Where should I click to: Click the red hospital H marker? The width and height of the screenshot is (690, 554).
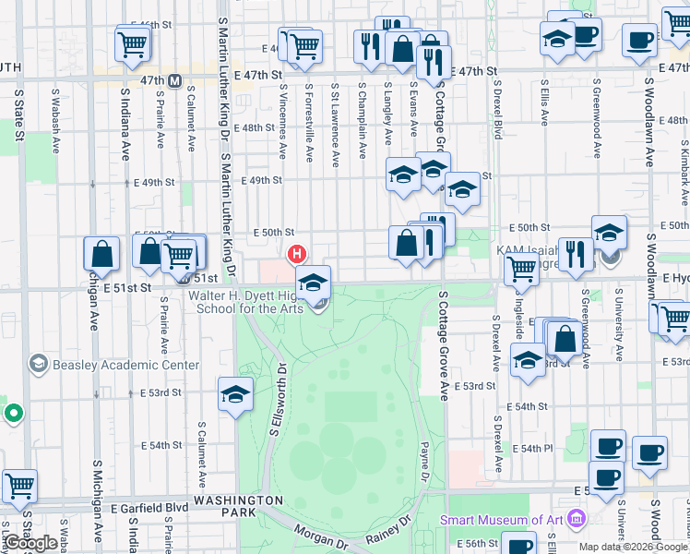click(296, 253)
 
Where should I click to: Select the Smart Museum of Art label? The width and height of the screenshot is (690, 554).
click(502, 520)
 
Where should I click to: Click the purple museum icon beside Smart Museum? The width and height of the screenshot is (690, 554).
click(577, 519)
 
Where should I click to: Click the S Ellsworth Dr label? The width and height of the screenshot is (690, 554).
click(275, 405)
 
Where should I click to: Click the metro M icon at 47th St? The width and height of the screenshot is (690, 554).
click(175, 80)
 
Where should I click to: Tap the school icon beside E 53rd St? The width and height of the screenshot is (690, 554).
click(236, 393)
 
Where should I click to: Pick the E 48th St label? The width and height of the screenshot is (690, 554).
click(256, 127)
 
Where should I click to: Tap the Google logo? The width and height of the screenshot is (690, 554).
click(30, 543)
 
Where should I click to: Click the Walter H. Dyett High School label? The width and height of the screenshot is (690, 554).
click(246, 302)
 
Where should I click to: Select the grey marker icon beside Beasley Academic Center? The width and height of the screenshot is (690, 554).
click(38, 365)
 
